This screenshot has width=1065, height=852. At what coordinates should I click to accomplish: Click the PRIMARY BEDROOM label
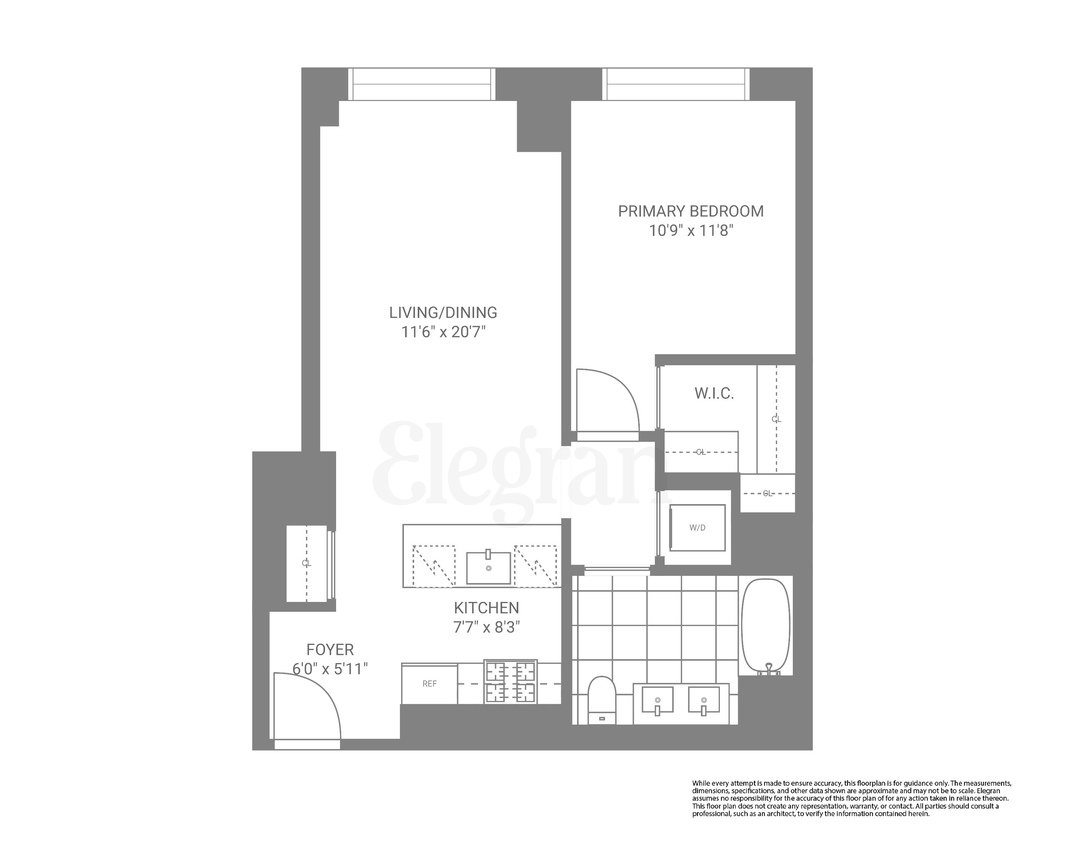pos(691,211)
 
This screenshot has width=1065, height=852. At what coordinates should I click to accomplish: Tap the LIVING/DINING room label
pos(443,313)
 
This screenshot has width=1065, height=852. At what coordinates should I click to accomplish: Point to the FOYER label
pos(330,650)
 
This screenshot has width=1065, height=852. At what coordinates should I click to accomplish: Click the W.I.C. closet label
pos(714,394)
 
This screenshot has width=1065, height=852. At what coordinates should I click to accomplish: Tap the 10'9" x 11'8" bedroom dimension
pos(691,231)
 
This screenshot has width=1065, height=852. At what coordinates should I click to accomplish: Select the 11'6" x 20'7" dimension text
pos(443,332)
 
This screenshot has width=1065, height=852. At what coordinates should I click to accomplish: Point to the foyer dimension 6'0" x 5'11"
pos(330,669)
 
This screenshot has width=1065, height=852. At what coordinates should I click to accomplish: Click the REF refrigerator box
pos(429,684)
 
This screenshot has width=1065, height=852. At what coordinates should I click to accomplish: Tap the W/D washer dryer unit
pos(697,527)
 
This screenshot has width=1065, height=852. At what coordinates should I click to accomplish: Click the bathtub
pos(766,626)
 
